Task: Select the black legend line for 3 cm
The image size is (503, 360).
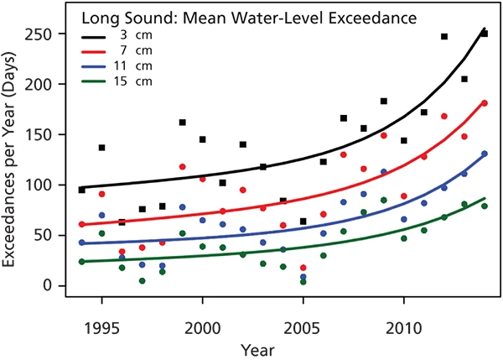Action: click(x=98, y=37)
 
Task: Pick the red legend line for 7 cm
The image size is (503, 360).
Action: click(x=98, y=51)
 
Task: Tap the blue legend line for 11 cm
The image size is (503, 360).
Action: click(x=98, y=65)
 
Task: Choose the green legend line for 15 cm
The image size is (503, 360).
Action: click(x=98, y=80)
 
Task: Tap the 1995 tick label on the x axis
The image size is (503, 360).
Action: click(x=101, y=325)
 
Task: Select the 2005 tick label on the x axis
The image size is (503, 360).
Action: click(x=303, y=325)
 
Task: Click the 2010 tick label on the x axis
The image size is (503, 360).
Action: click(x=403, y=325)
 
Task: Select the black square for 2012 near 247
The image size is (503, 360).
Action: click(x=444, y=37)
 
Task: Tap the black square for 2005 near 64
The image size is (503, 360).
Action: click(x=303, y=222)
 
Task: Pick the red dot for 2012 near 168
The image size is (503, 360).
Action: click(x=444, y=117)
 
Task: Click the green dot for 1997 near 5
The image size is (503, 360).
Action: click(x=142, y=281)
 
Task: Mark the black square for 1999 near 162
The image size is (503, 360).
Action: click(x=182, y=123)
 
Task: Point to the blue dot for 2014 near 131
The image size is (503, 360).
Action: click(x=485, y=154)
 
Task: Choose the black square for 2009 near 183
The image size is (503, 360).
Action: click(x=383, y=102)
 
